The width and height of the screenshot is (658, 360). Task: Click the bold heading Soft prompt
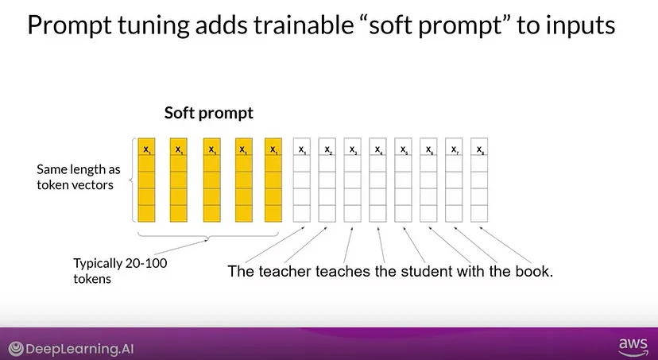[x=208, y=113]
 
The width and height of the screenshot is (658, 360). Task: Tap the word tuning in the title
[x=153, y=25]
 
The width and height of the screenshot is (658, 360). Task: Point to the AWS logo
[x=633, y=347]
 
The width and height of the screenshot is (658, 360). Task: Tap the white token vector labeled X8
[x=479, y=180]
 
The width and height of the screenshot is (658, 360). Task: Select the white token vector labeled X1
[x=302, y=180]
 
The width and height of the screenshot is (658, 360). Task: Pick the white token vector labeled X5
[x=403, y=180]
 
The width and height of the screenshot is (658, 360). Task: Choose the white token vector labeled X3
[x=353, y=180]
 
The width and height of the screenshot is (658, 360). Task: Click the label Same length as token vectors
[x=79, y=177]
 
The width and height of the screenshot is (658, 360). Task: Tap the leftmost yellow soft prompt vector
[x=146, y=180]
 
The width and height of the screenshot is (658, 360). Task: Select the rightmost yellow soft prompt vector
[x=273, y=180]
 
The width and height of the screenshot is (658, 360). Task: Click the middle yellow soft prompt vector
[x=212, y=180]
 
